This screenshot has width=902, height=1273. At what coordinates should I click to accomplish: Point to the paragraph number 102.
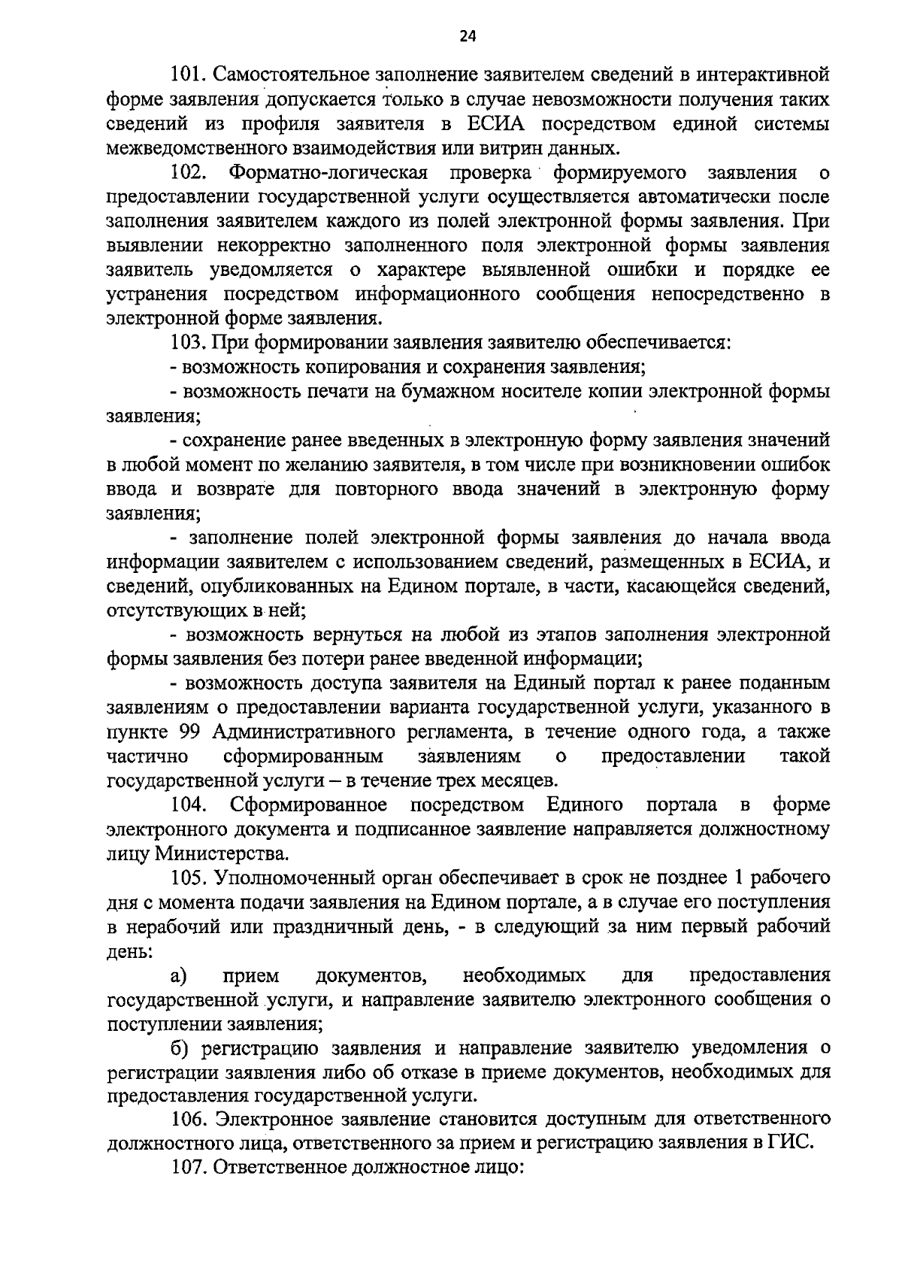click(x=189, y=173)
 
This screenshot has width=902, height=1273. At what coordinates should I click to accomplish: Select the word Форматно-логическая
click(x=328, y=173)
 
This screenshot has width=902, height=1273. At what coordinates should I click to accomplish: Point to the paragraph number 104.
click(x=189, y=805)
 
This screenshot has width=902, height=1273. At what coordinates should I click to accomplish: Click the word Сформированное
click(x=309, y=805)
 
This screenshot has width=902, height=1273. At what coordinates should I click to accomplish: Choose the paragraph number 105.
click(x=189, y=877)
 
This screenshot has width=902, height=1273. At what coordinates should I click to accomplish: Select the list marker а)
click(x=179, y=975)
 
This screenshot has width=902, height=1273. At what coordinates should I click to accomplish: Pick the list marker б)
click(x=179, y=1048)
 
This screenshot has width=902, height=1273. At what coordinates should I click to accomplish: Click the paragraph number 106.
click(x=189, y=1120)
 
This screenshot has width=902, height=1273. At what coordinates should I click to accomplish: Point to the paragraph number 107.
click(x=189, y=1168)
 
